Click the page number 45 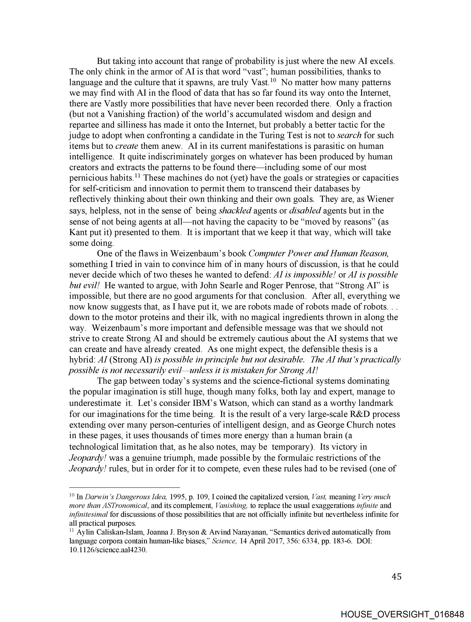pyautogui.click(x=396, y=576)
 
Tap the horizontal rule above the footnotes pyautogui.click(x=124, y=487)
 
